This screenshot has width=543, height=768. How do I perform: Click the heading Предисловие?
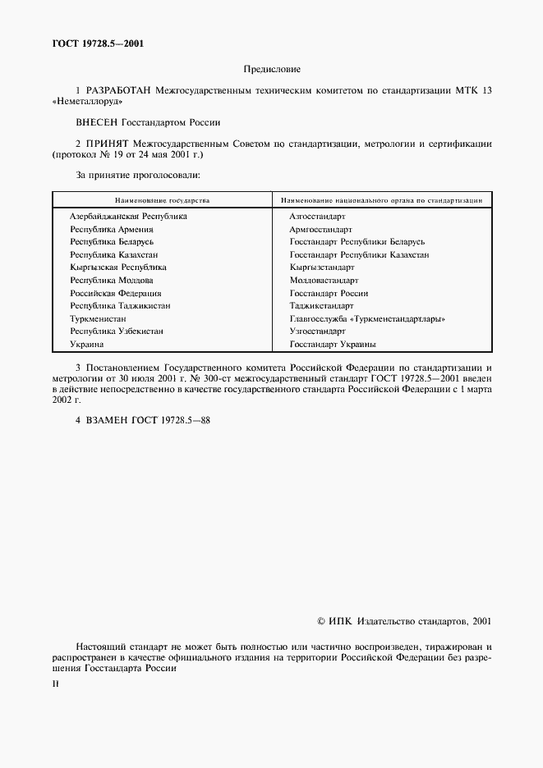point(272,71)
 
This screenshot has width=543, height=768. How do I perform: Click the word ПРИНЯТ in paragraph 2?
point(110,143)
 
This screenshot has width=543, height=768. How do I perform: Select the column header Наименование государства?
point(162,200)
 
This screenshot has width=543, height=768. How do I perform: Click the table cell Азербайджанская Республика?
point(128,217)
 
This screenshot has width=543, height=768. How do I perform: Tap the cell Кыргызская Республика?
point(118,267)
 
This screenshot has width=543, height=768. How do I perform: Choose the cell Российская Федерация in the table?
point(116,293)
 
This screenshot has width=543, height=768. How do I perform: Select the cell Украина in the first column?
point(87,344)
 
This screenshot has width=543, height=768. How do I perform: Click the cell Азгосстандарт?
point(317,217)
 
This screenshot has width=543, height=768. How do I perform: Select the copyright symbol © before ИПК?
point(321,622)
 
